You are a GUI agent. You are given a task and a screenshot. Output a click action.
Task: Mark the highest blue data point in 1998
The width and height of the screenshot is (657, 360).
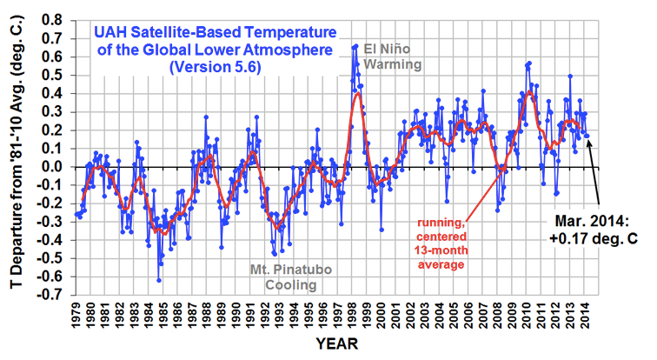[x=355, y=45]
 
